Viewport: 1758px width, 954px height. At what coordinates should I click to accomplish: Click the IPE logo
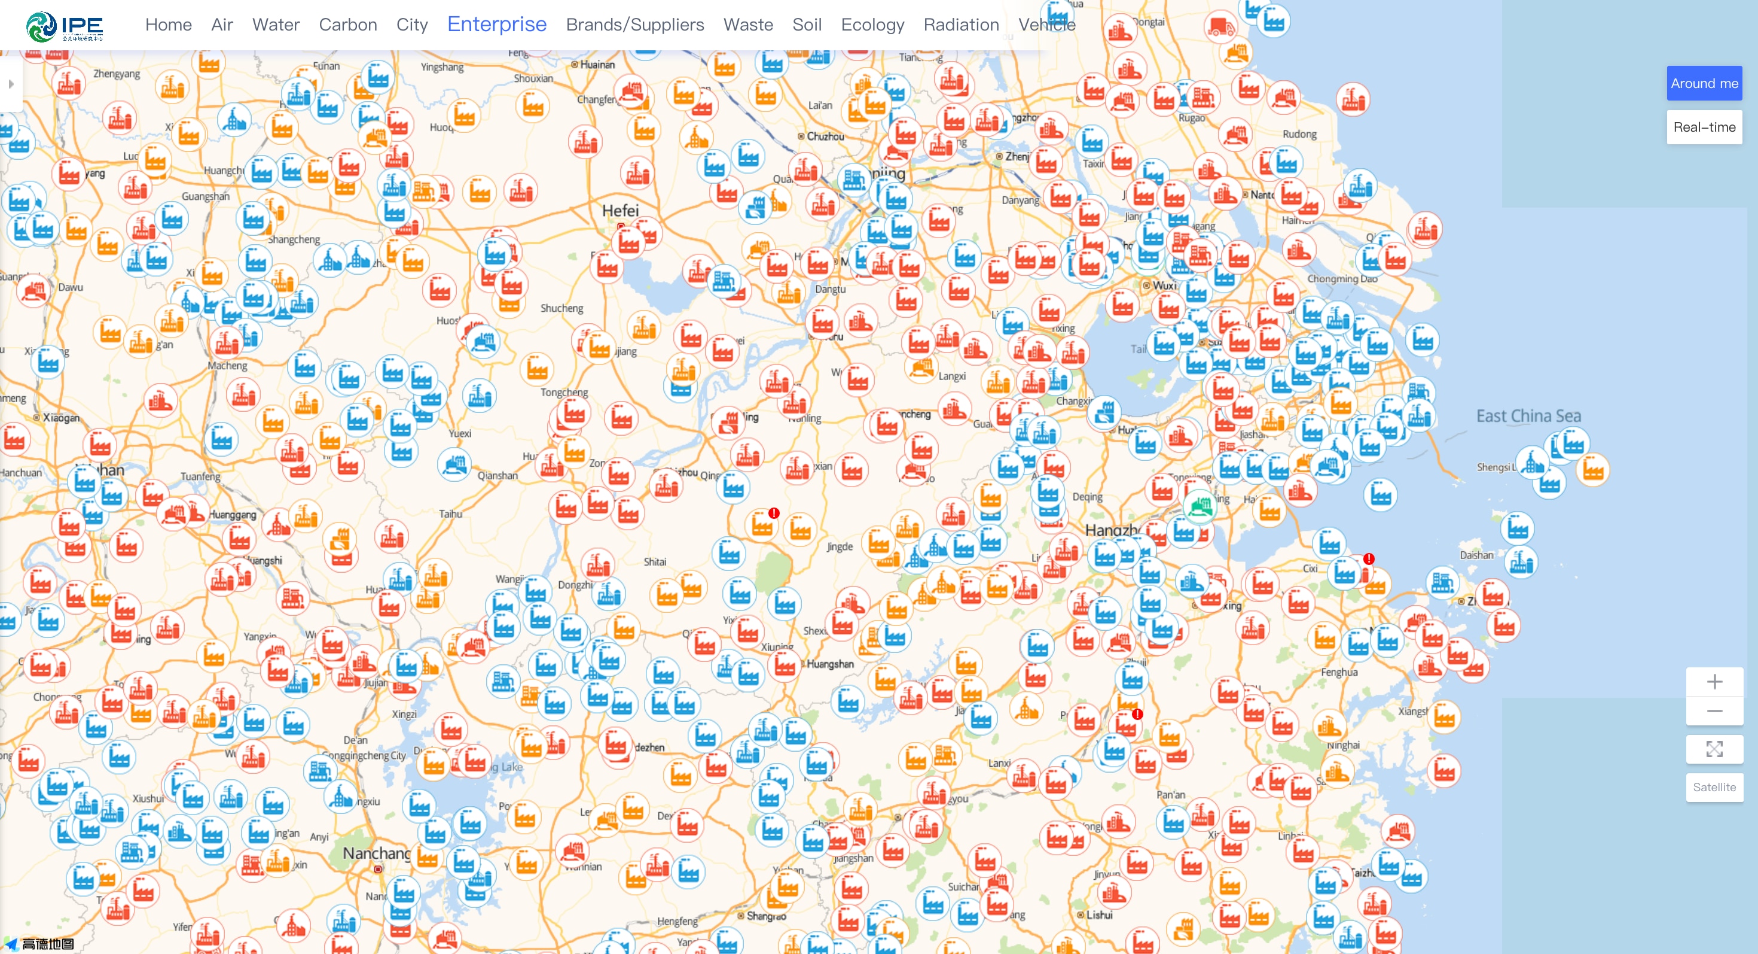click(x=64, y=26)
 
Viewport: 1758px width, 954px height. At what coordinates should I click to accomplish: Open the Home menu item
click(x=168, y=25)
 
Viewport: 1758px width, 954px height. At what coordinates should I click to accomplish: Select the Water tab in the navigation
click(x=276, y=25)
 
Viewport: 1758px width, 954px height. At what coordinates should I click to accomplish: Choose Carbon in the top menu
click(x=348, y=25)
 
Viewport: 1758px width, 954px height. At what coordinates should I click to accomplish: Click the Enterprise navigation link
click(x=497, y=25)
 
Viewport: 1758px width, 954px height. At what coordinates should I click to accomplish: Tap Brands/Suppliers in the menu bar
click(x=634, y=25)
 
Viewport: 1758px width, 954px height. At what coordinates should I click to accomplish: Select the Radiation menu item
click(x=961, y=25)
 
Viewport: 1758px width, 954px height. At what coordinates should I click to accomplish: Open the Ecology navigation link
click(x=872, y=25)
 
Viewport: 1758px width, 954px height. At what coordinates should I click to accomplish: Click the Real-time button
click(x=1704, y=127)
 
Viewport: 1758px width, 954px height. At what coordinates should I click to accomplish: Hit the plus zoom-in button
click(x=1714, y=682)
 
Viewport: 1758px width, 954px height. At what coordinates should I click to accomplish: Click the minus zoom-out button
click(x=1714, y=711)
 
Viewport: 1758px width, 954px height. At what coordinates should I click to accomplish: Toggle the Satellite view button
click(x=1714, y=788)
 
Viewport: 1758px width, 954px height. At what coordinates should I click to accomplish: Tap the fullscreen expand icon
click(x=1714, y=749)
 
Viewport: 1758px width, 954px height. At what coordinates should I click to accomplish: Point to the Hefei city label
click(x=620, y=210)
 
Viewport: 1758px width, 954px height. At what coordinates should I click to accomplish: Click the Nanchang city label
click(x=376, y=853)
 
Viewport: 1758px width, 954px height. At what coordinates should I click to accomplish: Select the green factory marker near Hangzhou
click(x=1200, y=506)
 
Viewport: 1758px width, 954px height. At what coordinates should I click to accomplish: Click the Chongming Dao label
click(x=1342, y=279)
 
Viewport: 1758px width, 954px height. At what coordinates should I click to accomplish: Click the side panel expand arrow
click(x=11, y=84)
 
